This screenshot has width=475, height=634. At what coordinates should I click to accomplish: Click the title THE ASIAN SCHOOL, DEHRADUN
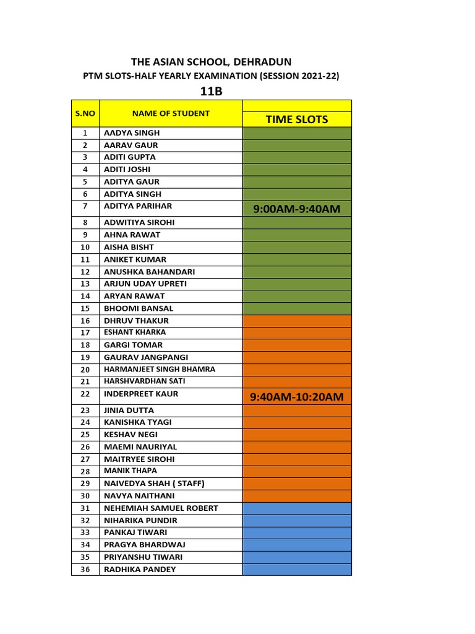pyautogui.click(x=211, y=61)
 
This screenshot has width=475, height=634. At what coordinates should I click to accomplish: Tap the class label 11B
pyautogui.click(x=211, y=92)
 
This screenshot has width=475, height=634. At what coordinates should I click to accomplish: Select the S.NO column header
pyautogui.click(x=85, y=113)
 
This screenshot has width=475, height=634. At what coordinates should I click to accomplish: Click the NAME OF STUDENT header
pyautogui.click(x=170, y=113)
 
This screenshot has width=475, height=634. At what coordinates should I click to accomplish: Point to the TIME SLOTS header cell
pyautogui.click(x=297, y=119)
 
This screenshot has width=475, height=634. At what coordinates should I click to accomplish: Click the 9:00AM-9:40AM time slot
pyautogui.click(x=297, y=209)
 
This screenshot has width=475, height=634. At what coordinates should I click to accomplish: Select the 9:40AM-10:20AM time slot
pyautogui.click(x=297, y=396)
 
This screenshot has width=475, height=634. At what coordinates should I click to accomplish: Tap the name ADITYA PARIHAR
pyautogui.click(x=138, y=206)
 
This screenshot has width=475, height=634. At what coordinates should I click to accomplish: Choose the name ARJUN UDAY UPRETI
pyautogui.click(x=145, y=284)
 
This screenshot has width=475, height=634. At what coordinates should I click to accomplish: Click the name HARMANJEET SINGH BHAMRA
pyautogui.click(x=160, y=369)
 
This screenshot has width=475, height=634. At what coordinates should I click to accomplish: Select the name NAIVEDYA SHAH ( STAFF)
pyautogui.click(x=154, y=483)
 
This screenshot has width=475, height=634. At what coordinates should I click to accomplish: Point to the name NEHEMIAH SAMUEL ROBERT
pyautogui.click(x=161, y=508)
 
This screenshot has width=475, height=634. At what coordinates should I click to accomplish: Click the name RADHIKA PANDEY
pyautogui.click(x=140, y=569)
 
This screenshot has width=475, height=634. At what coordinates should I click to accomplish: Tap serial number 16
pyautogui.click(x=85, y=321)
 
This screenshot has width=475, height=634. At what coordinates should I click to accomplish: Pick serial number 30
pyautogui.click(x=85, y=496)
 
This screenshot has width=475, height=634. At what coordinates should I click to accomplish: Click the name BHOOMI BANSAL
pyautogui.click(x=139, y=308)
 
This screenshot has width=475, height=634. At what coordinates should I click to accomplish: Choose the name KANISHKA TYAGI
pyautogui.click(x=138, y=422)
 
